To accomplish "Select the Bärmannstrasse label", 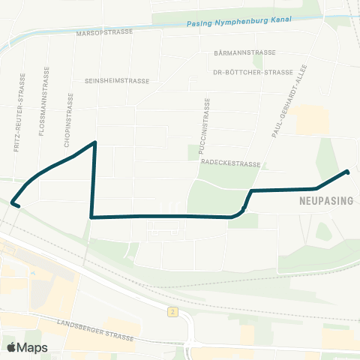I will (245, 53).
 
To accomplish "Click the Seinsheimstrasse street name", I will (117, 81).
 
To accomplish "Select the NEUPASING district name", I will (319, 202).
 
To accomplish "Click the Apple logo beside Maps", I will (12, 347).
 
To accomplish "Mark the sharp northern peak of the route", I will (94, 142).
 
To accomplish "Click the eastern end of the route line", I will (348, 172).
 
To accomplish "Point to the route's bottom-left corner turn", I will (91, 217).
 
